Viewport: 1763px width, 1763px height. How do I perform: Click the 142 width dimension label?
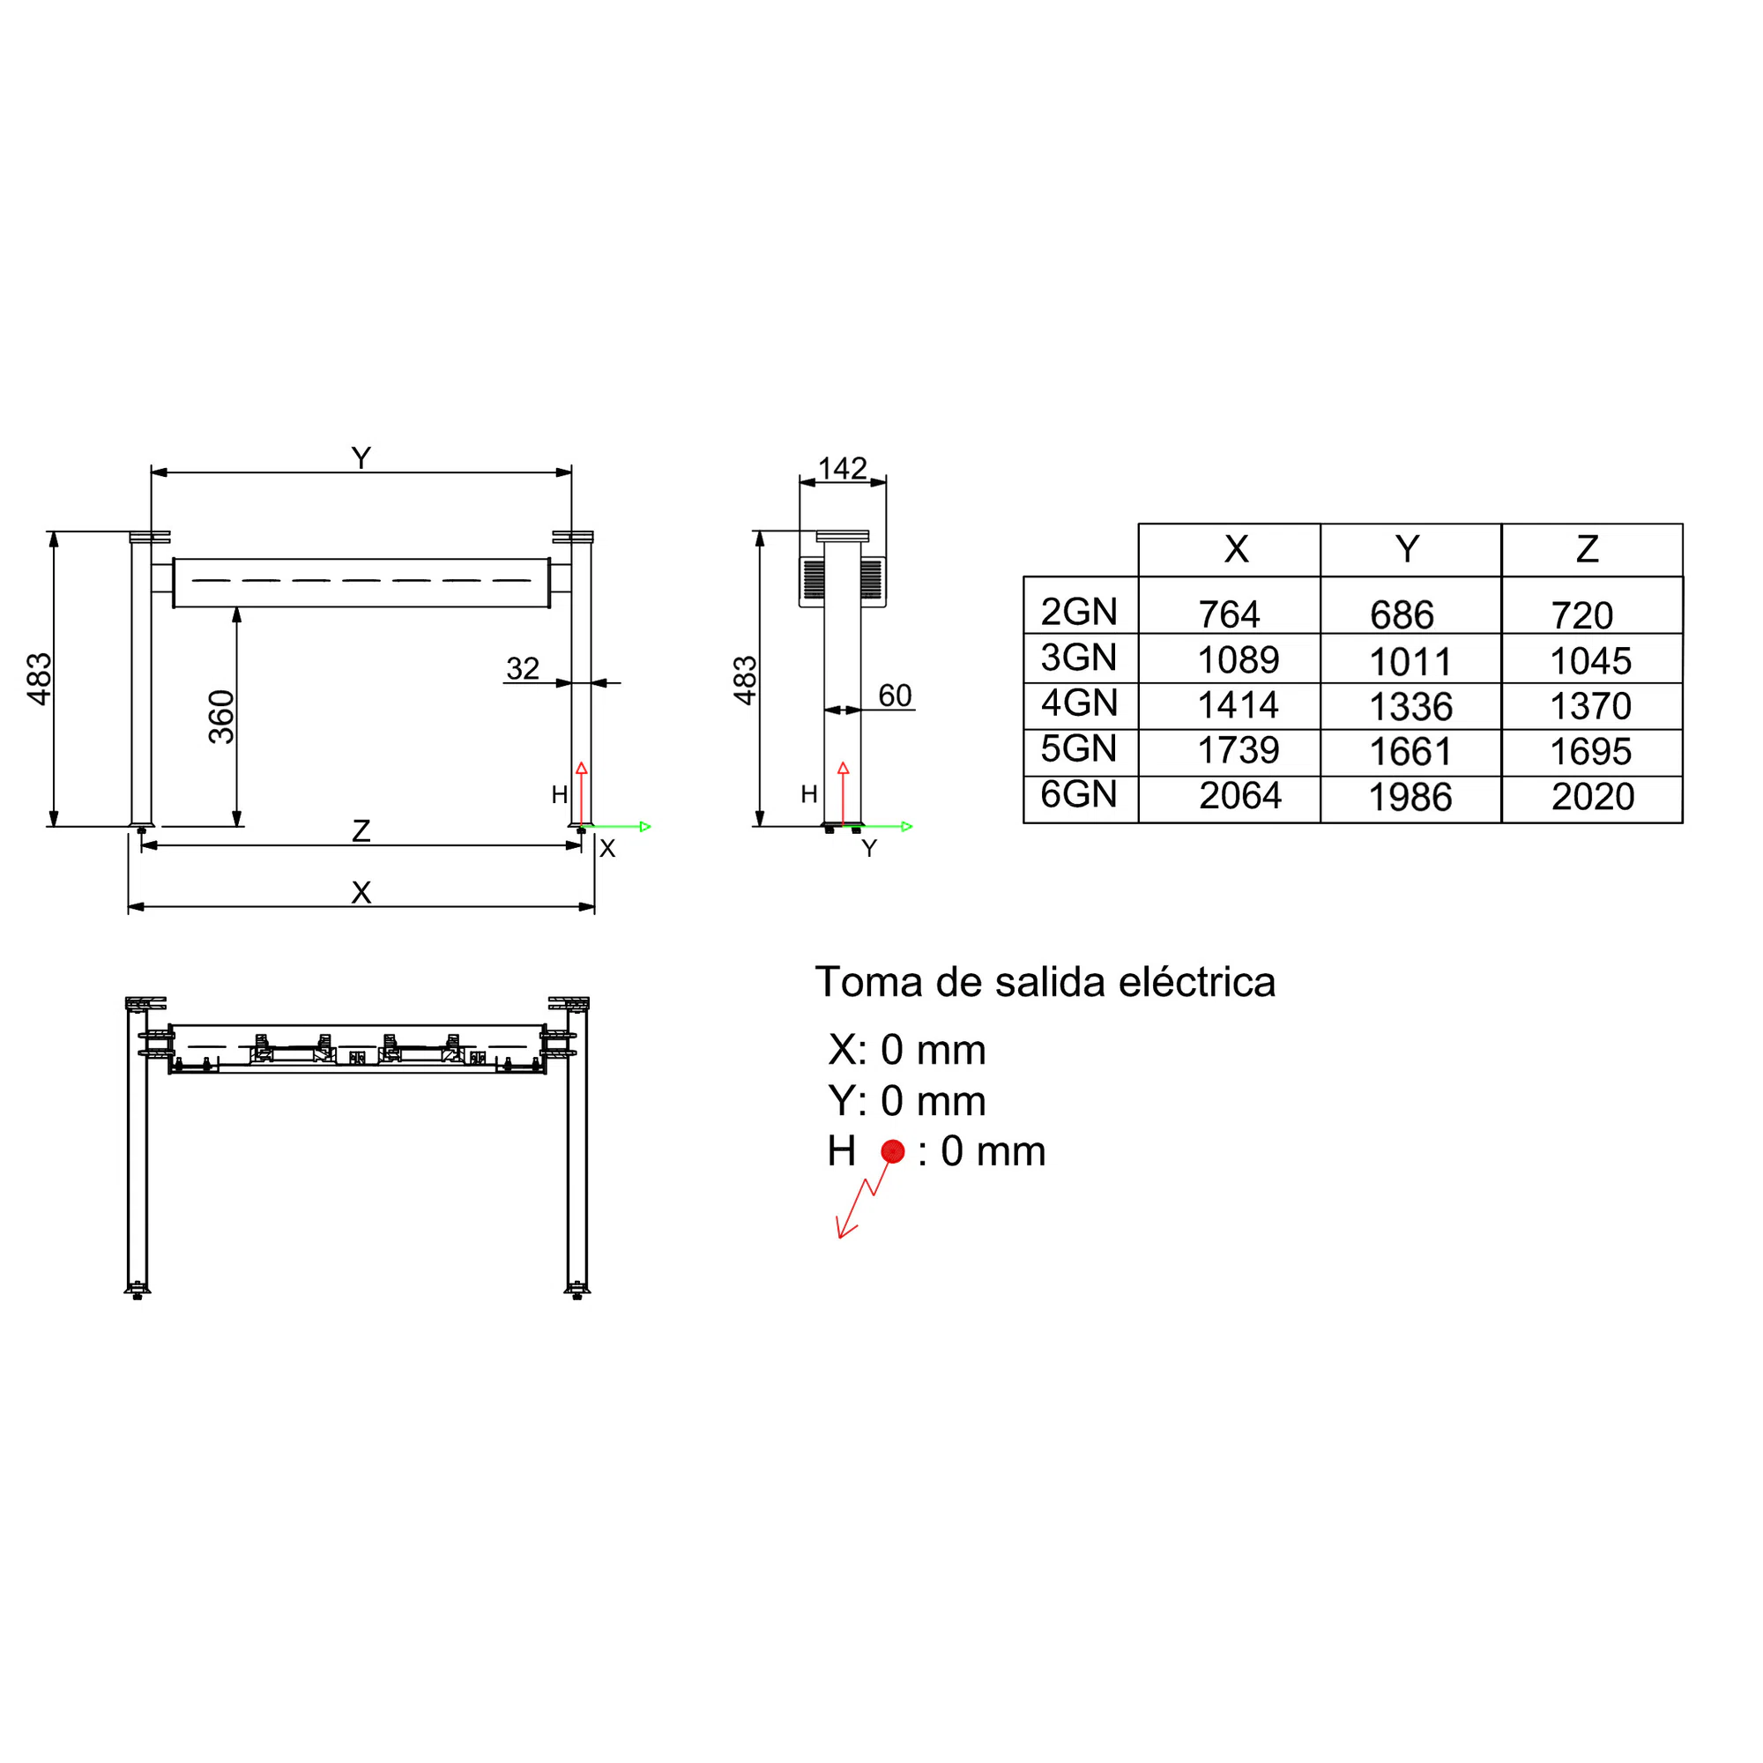[842, 468]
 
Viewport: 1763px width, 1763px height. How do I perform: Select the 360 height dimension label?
[222, 717]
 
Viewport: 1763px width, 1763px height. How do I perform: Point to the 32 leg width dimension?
[523, 668]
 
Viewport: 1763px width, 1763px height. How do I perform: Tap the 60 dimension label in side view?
[896, 696]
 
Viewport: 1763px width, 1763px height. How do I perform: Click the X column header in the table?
[1237, 549]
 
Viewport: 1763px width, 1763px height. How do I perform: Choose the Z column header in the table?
[1588, 549]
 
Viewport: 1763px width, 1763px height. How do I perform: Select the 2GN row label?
[1080, 612]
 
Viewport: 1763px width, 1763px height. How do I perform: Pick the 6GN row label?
[1080, 794]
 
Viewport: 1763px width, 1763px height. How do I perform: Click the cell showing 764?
[1229, 614]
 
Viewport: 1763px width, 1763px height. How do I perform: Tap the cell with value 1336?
[1410, 706]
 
